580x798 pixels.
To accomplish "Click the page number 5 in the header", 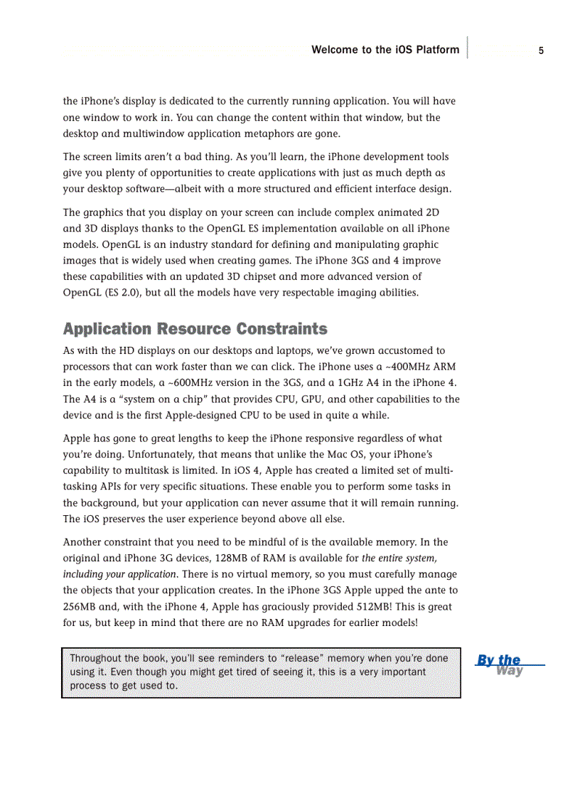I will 541,50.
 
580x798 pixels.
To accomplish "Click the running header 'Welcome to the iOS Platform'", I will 385,50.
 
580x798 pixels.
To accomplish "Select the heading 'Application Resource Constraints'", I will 195,329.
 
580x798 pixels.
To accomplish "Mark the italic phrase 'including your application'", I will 119,574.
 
